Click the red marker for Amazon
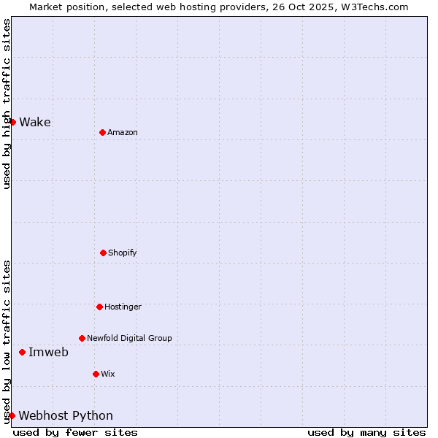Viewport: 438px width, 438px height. tap(102, 132)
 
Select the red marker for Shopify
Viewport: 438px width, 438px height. tap(103, 253)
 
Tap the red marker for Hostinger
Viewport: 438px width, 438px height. tap(99, 307)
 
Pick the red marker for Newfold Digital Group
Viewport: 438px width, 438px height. tap(82, 338)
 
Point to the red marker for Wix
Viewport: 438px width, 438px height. tap(96, 374)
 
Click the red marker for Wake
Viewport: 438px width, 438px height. tap(12, 122)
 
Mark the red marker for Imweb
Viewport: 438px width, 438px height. tap(22, 352)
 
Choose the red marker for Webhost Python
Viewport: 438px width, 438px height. tap(12, 415)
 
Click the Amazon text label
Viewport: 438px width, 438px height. tap(123, 132)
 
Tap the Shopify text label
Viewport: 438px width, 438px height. tap(123, 253)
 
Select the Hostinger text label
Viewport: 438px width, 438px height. tap(123, 307)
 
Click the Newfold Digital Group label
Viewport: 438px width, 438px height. tap(129, 338)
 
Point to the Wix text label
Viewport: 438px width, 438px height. tap(108, 374)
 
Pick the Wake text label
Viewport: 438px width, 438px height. tap(35, 122)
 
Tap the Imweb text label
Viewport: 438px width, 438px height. tap(48, 352)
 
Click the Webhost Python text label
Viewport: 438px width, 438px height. tap(66, 415)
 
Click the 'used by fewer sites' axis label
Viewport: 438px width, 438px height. tap(75, 432)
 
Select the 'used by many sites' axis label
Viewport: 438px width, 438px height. tap(366, 432)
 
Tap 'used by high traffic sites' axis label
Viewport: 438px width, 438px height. tap(7, 104)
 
